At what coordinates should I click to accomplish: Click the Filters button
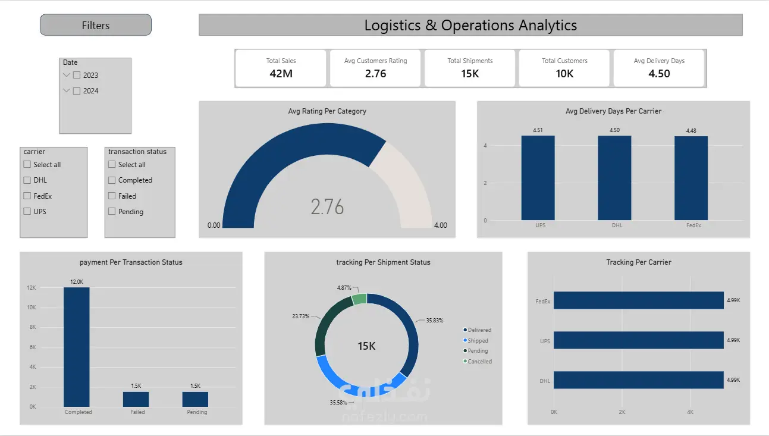(95, 25)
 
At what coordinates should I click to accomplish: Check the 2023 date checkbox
(77, 75)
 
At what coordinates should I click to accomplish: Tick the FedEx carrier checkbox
(27, 196)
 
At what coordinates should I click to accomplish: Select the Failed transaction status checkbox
(112, 196)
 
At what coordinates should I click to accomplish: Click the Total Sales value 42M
(281, 74)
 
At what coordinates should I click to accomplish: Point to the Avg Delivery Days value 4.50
(659, 74)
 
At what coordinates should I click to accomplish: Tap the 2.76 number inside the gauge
(327, 206)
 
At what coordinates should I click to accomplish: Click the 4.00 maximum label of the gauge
(441, 225)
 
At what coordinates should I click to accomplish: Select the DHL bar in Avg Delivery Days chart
(614, 178)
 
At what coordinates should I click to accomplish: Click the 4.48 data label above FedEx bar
(691, 130)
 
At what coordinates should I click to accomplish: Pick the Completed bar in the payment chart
(77, 347)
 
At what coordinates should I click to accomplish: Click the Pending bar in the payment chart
(195, 399)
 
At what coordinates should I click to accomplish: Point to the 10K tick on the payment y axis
(32, 308)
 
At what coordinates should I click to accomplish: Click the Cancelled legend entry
(478, 361)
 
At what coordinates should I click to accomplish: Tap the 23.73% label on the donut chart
(301, 316)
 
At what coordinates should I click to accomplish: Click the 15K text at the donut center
(366, 346)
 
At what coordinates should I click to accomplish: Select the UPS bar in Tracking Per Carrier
(639, 340)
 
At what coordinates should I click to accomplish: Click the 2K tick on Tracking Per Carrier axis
(622, 412)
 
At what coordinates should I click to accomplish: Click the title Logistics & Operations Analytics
(470, 25)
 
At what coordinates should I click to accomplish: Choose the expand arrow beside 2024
(67, 90)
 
